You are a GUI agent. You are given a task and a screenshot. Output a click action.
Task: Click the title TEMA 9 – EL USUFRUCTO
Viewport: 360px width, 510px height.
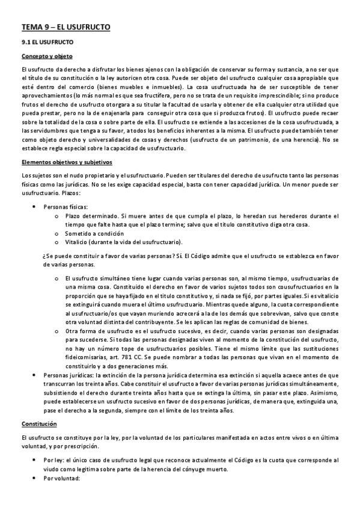pos(66,27)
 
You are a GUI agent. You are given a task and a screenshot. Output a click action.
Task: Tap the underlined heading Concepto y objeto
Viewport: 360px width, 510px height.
pos(46,57)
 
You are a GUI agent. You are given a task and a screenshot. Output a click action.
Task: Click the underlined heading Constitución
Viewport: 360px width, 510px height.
pos(39,424)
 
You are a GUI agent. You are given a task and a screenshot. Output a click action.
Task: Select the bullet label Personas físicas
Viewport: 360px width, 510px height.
pos(66,206)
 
